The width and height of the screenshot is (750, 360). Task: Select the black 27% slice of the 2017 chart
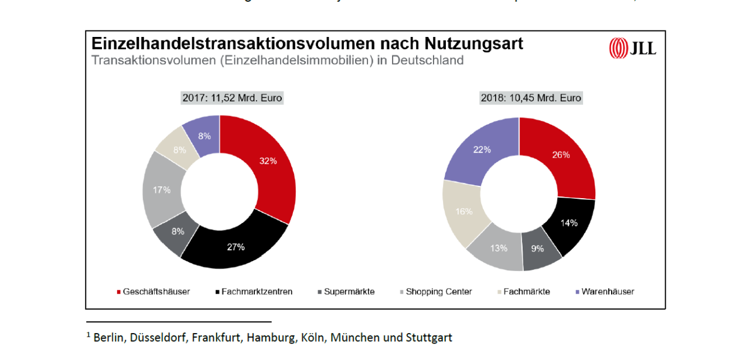236,247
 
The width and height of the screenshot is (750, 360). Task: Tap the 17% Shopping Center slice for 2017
161,190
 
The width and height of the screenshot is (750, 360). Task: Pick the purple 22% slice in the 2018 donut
482,150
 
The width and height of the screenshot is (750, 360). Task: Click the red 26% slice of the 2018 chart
561,155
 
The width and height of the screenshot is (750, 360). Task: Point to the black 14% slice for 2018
568,223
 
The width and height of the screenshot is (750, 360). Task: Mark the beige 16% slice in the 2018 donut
463,211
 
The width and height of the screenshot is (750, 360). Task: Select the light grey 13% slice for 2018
499,248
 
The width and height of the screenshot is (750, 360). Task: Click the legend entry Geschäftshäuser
156,291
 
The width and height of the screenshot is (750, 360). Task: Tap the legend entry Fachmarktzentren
257,291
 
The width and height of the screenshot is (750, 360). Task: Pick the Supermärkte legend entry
349,291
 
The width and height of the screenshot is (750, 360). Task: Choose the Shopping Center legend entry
438,291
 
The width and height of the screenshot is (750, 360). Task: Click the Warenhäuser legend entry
608,291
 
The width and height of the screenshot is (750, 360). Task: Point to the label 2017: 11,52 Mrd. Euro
232,98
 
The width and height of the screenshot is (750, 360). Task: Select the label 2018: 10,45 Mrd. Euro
531,98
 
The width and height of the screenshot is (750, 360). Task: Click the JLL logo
633,48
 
